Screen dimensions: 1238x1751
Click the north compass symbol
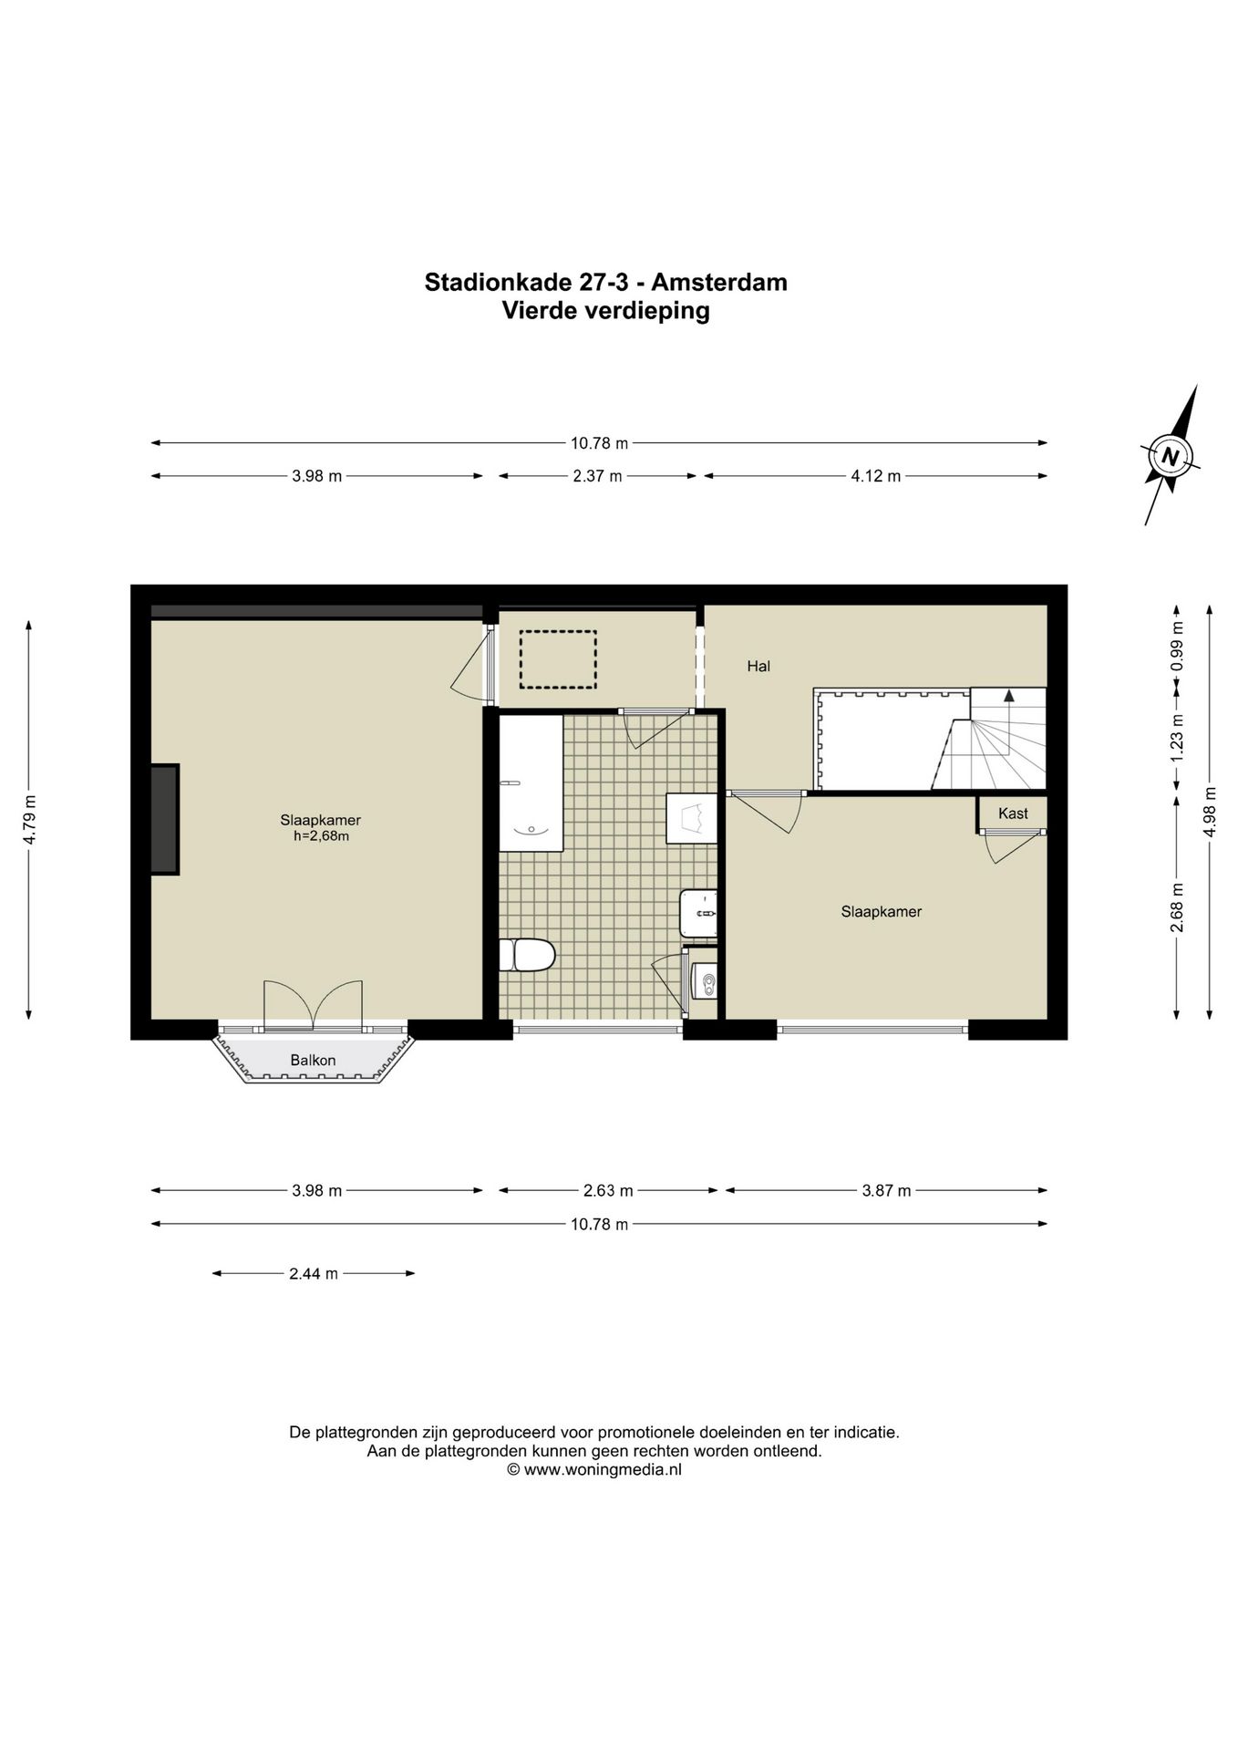[x=1171, y=455]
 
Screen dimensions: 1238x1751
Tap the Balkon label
[x=313, y=1061]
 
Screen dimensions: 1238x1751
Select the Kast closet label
[x=1013, y=813]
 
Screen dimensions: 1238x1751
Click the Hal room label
[x=758, y=667]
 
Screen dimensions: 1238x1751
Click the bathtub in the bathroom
[x=531, y=783]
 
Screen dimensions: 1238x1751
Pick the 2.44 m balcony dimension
[x=314, y=1274]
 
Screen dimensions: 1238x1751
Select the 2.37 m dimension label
[x=597, y=476]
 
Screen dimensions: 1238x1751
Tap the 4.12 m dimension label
[x=876, y=476]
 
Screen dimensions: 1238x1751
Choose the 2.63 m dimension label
[x=608, y=1191]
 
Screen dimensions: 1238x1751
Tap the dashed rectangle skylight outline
[x=558, y=659]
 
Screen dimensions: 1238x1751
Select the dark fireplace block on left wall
[x=165, y=820]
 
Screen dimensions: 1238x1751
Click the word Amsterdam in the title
[x=718, y=282]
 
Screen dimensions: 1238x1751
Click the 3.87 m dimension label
[x=886, y=1191]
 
